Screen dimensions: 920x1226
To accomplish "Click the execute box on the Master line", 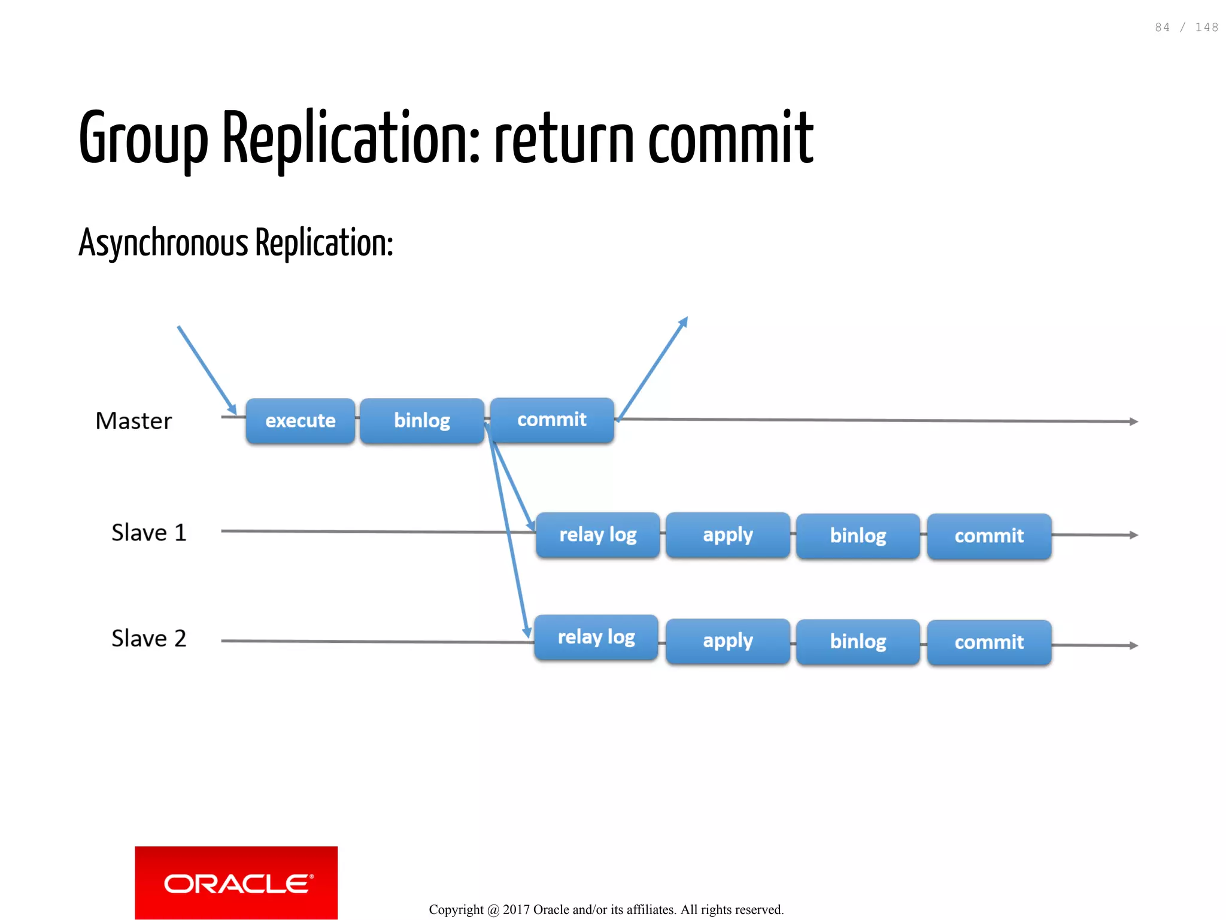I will click(x=300, y=421).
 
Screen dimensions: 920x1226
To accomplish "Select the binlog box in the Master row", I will click(x=421, y=421).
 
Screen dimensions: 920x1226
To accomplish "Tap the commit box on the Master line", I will click(x=551, y=420).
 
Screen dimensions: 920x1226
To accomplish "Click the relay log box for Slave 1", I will click(x=597, y=535).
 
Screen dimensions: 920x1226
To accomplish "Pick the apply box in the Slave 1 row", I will click(x=727, y=535).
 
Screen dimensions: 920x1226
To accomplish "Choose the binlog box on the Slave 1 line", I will click(x=858, y=536).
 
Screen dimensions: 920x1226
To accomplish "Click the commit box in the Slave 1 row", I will click(x=989, y=536).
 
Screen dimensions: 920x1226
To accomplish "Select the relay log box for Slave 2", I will click(x=596, y=637).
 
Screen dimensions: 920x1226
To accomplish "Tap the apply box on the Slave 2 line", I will click(x=727, y=641).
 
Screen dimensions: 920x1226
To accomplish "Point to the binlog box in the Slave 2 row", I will click(x=858, y=642).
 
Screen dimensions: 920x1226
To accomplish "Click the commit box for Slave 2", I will click(x=989, y=642).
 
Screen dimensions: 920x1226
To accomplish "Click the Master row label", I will click(x=133, y=421).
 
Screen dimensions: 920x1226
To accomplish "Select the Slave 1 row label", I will click(x=148, y=533).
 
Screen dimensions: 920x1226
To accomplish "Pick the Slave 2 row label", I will click(x=148, y=639).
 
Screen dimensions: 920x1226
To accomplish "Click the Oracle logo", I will click(x=236, y=883).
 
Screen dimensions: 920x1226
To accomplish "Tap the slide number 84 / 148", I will click(x=1186, y=28).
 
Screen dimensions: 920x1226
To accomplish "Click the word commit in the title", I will click(x=730, y=139).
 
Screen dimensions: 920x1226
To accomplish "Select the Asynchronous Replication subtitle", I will click(x=236, y=244).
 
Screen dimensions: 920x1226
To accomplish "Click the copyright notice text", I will click(x=606, y=910).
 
